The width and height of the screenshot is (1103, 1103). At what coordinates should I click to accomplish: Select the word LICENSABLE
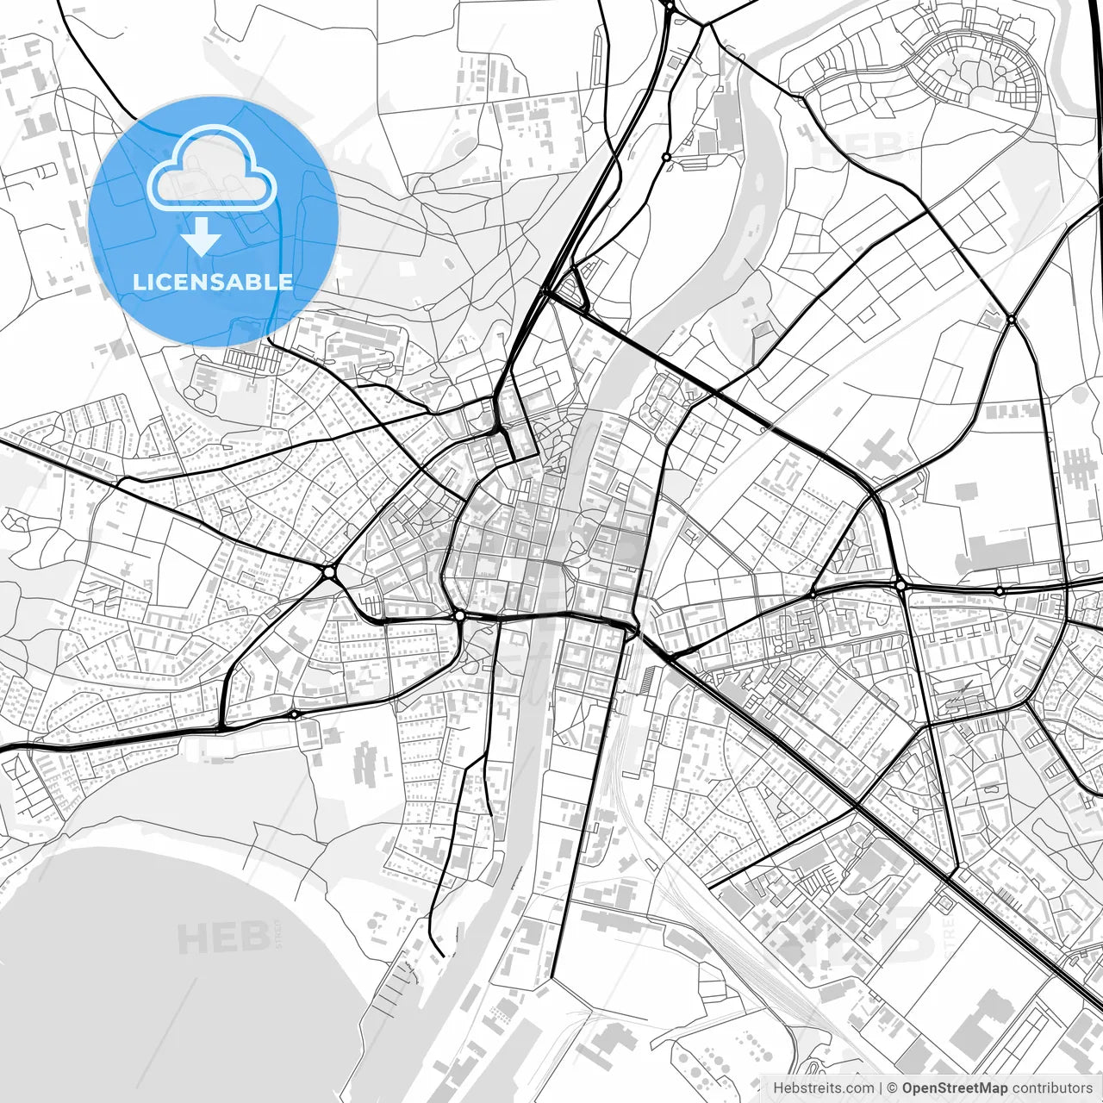pyautogui.click(x=213, y=282)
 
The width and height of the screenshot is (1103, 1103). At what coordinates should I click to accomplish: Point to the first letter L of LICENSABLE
pyautogui.click(x=139, y=282)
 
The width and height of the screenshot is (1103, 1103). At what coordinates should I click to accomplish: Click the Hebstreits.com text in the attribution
pyautogui.click(x=823, y=1088)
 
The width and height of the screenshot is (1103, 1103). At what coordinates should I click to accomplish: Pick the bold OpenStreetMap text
pyautogui.click(x=955, y=1088)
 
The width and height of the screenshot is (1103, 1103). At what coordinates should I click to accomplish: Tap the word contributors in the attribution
pyautogui.click(x=1052, y=1088)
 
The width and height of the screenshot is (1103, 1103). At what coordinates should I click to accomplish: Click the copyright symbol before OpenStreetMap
pyautogui.click(x=893, y=1088)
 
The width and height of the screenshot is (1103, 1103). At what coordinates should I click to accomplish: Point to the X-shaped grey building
pyautogui.click(x=880, y=455)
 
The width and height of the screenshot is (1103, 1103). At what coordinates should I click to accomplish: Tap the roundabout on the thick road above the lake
pyautogui.click(x=295, y=714)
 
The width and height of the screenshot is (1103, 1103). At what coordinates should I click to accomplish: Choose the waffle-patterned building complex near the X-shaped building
pyautogui.click(x=1076, y=468)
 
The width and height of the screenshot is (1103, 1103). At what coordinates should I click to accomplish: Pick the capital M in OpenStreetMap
pyautogui.click(x=995, y=1088)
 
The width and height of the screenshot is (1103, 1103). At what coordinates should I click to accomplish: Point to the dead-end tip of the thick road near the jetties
pyautogui.click(x=442, y=955)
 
